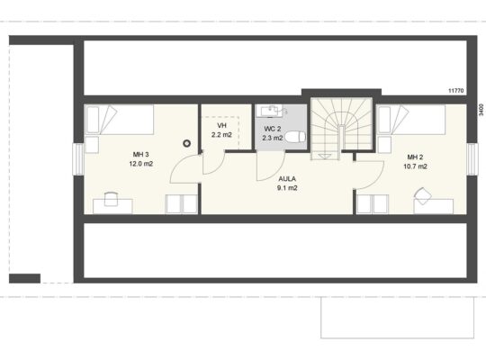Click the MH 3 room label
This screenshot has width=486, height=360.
tap(141, 155)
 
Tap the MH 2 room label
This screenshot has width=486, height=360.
tap(415, 157)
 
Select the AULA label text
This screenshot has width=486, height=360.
tap(287, 179)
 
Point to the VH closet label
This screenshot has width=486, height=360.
tap(221, 126)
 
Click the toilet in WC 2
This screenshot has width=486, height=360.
tap(295, 137)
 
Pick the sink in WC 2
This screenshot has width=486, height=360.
tap(271, 111)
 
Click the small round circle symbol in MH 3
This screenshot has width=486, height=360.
tap(186, 143)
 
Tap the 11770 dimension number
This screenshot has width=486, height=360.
tap(456, 91)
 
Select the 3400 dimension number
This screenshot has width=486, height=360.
tap(481, 110)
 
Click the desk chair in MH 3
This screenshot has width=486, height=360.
tap(111, 199)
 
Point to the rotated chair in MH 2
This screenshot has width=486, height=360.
tap(423, 196)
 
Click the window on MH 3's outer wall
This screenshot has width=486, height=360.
tap(78, 159)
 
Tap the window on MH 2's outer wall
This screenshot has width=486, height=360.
tap(472, 159)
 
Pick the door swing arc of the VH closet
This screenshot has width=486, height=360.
tap(219, 168)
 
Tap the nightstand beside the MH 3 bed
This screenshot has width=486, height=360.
tap(92, 145)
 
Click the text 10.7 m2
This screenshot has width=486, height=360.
tap(415, 166)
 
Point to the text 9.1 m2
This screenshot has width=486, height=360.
tap(287, 188)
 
